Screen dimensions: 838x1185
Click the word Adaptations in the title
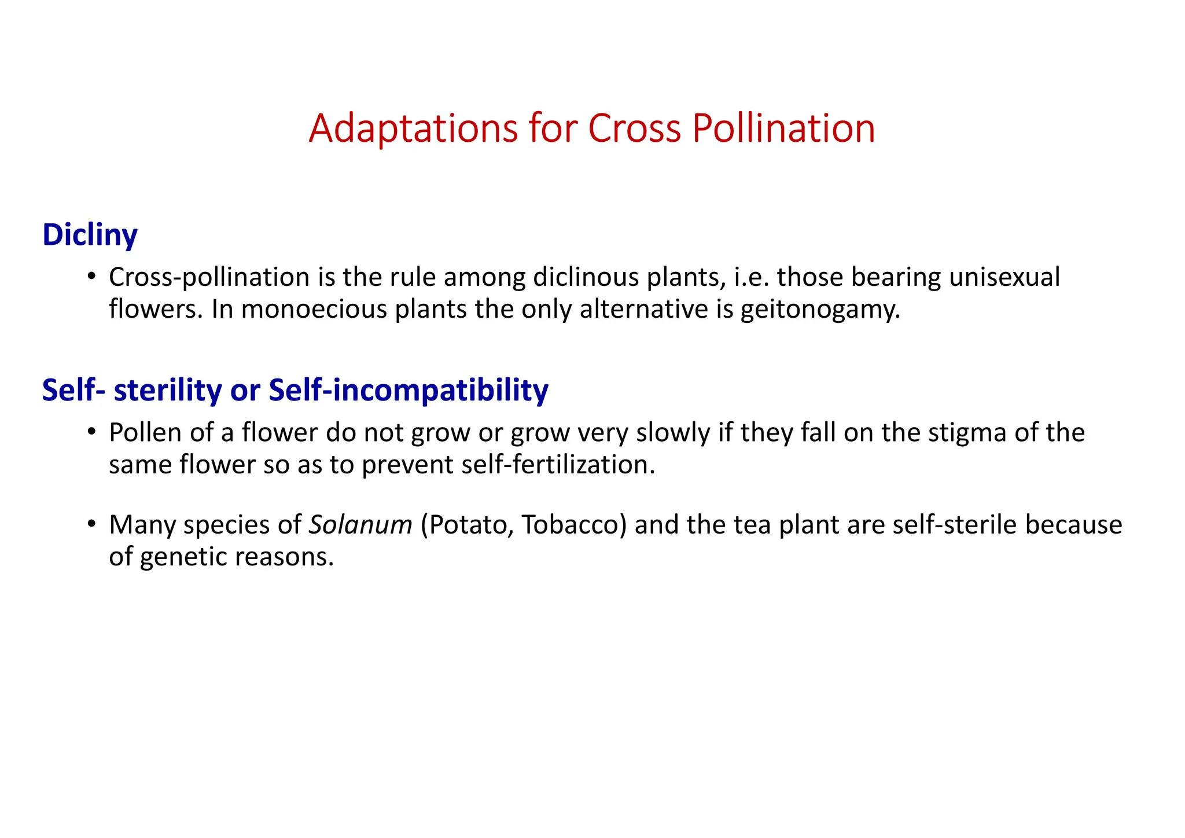413,128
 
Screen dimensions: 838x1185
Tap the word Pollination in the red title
783,128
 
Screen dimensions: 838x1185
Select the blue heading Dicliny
90,235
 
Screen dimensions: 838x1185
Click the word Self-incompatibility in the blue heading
409,390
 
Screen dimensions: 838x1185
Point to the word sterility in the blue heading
168,390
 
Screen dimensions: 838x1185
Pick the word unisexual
1004,278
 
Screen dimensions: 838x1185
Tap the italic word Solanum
360,525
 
